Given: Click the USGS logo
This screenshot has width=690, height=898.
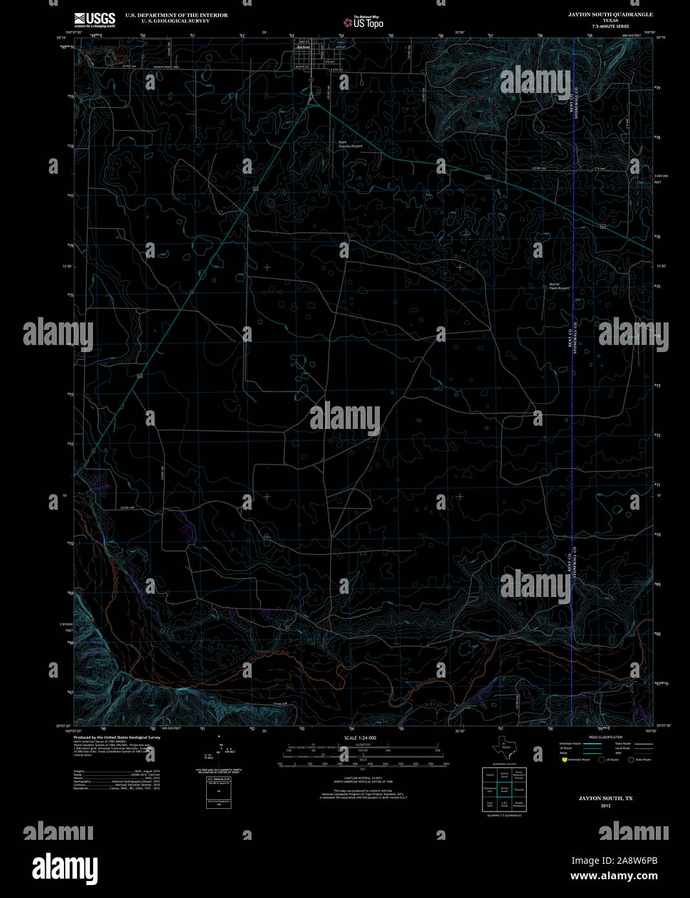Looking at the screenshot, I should coord(94,19).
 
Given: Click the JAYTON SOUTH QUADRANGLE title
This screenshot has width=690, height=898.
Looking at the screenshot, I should coord(611,14).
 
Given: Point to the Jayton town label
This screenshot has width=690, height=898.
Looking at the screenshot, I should coord(302,47).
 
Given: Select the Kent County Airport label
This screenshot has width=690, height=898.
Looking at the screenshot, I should coord(350,145).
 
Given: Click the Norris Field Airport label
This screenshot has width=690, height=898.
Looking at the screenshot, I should coord(559,286).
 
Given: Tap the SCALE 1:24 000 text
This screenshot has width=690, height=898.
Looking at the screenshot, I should coord(360,737).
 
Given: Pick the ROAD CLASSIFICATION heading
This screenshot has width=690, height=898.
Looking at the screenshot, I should coord(605,737).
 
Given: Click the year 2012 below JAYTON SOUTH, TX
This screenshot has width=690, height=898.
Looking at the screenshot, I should coord(605,806).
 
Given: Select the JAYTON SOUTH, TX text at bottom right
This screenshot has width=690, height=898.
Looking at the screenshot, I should coord(605,799).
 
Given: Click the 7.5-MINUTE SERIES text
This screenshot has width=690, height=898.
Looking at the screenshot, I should coord(611,26).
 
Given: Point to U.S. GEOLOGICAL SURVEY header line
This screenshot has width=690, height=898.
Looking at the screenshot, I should coord(167,21).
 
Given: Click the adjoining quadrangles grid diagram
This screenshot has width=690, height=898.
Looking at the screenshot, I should coord(504,788).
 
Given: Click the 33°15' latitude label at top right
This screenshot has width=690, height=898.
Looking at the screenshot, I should coord(660,38).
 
